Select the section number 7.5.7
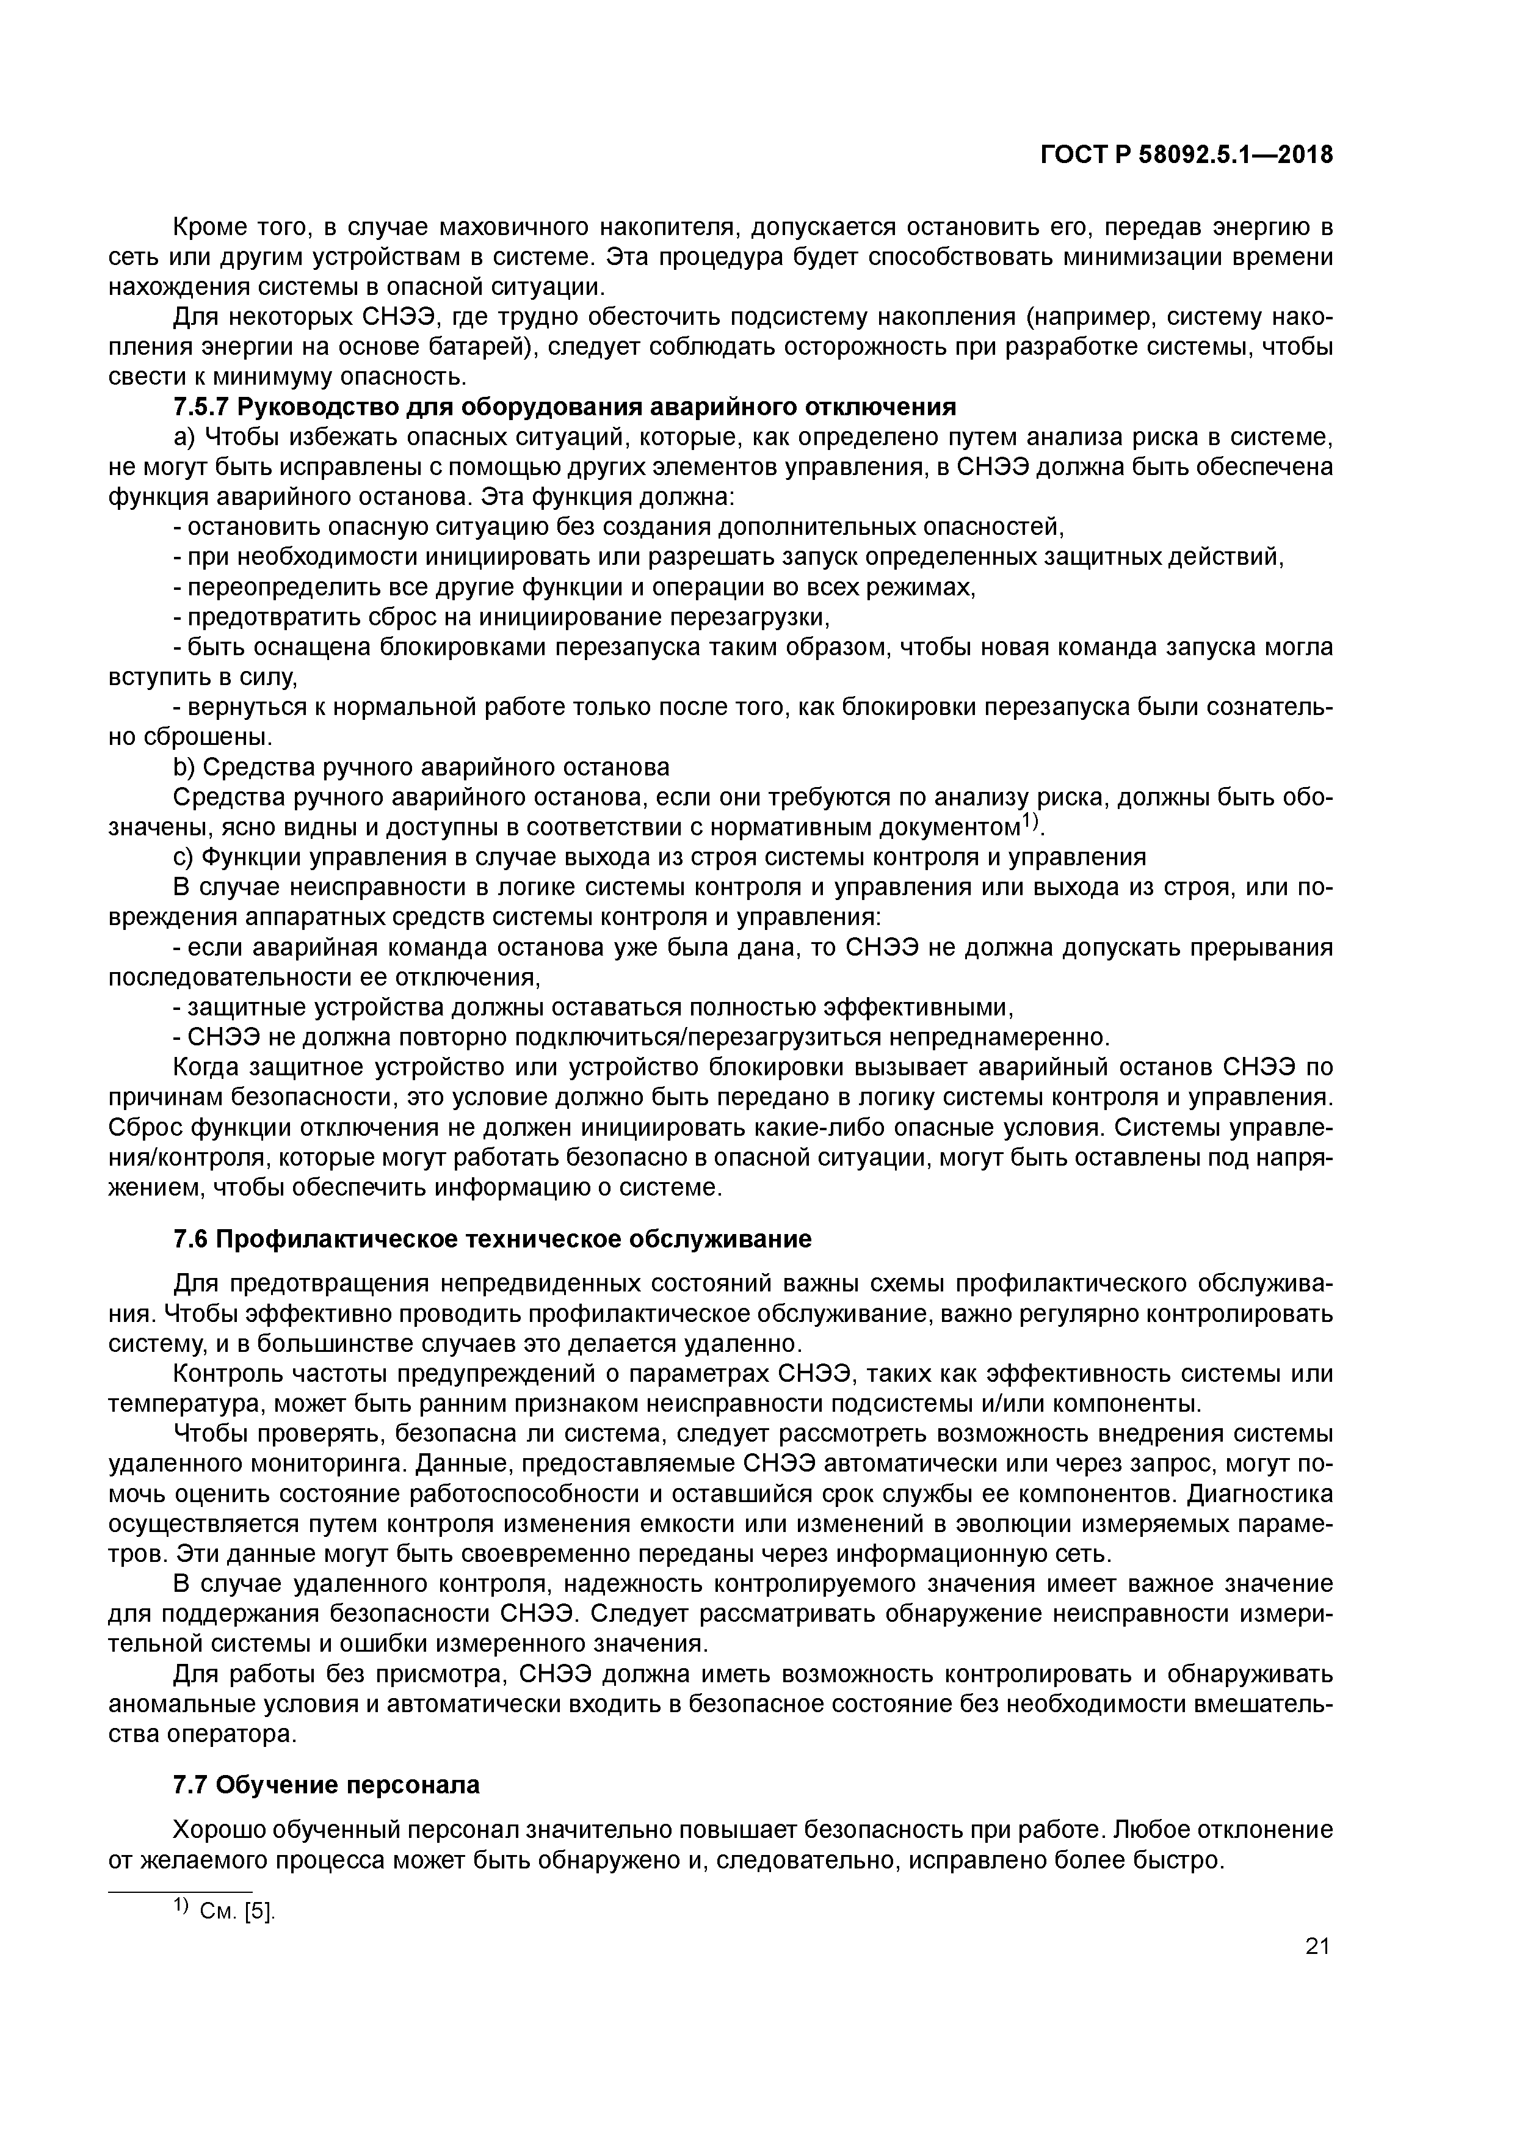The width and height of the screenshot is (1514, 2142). tap(203, 408)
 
